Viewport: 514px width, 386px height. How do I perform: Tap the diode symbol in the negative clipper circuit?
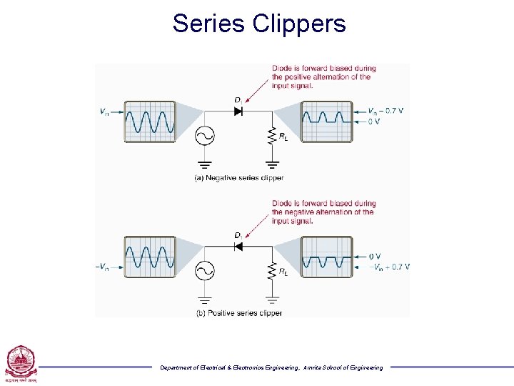[x=238, y=112]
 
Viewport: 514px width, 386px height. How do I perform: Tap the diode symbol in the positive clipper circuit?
[x=238, y=247]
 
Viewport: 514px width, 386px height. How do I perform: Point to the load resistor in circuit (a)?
[x=271, y=136]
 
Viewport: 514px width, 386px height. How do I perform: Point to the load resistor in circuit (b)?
[x=271, y=271]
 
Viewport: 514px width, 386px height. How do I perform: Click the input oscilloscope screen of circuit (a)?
[x=149, y=122]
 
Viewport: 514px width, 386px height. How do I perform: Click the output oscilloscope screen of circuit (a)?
[x=327, y=122]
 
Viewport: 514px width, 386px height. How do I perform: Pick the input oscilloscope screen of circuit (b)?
[x=149, y=257]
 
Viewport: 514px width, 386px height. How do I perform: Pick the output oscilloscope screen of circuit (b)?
[x=327, y=257]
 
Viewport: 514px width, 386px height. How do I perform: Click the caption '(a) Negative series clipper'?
[x=239, y=178]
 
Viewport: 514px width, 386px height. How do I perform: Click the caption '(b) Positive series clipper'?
[x=239, y=313]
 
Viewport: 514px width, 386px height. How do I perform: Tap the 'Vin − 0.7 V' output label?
[x=385, y=111]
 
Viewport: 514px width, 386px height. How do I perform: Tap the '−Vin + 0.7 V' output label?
[x=389, y=267]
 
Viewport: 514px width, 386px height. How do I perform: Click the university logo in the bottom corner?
[x=19, y=363]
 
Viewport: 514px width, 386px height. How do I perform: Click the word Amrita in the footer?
[x=315, y=367]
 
